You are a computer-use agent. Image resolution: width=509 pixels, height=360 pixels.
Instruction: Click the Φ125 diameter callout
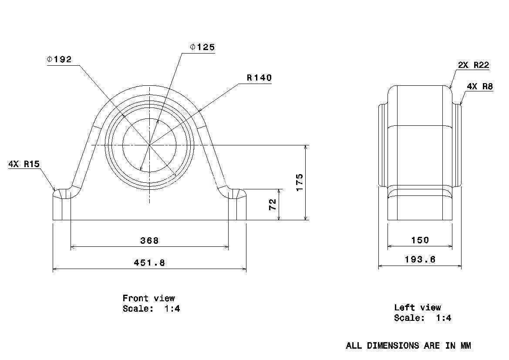pos(202,47)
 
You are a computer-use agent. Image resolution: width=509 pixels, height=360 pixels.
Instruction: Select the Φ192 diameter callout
pos(59,59)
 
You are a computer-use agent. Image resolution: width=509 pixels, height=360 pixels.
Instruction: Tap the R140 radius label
pos(259,77)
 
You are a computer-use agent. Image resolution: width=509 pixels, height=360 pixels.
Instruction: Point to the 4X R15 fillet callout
pos(24,164)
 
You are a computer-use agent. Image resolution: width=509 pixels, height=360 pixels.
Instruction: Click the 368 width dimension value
pos(149,241)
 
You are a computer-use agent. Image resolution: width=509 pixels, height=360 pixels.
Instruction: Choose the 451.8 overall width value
pos(149,262)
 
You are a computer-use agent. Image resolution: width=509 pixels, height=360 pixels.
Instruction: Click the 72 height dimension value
pos(273,205)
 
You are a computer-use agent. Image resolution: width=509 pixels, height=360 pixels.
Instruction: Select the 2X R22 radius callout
pos(473,65)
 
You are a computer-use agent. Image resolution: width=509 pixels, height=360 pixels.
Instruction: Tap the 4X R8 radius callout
pos(480,86)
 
